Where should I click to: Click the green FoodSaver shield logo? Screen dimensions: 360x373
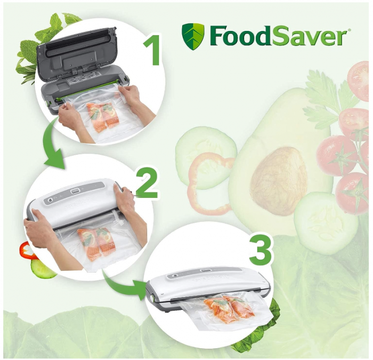[x=192, y=36]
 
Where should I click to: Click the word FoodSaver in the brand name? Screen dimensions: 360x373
[x=278, y=36]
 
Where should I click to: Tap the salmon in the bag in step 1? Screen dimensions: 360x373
[x=101, y=117]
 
